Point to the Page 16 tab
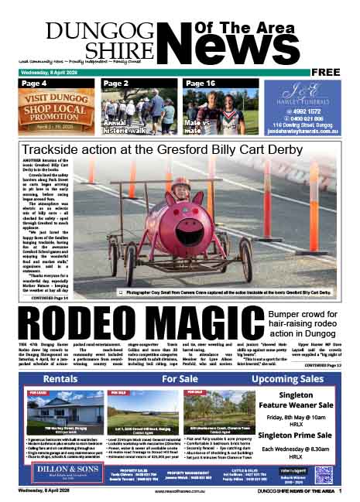(201, 83)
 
